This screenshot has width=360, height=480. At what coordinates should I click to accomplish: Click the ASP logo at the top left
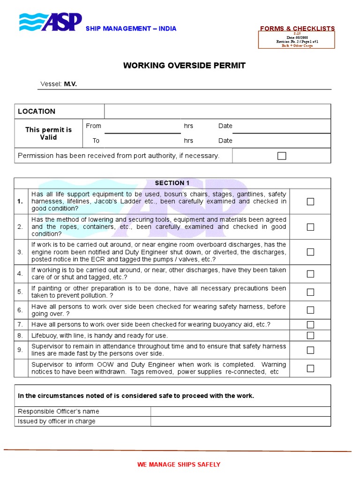51,22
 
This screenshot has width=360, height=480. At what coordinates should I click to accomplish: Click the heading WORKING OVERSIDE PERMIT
184,66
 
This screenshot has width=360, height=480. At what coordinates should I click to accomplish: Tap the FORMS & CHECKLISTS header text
297,29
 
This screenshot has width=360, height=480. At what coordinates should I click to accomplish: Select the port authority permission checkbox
282,156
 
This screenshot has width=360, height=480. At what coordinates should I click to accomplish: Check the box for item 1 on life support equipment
310,202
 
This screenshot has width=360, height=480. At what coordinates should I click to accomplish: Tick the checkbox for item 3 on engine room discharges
310,252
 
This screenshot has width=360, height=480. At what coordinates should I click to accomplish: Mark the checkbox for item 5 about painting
310,292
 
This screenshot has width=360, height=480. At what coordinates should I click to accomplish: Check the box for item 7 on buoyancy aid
310,325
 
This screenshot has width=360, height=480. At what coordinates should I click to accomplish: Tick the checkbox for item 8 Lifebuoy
310,336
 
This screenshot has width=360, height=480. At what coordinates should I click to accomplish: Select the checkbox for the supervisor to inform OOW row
310,368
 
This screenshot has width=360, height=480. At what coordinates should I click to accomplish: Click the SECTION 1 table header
172,183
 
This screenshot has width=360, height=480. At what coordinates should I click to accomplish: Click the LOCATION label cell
37,112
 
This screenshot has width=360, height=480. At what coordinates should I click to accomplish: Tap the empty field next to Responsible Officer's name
240,412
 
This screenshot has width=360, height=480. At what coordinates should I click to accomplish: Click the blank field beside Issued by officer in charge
240,421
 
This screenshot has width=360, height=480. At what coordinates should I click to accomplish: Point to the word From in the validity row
93,126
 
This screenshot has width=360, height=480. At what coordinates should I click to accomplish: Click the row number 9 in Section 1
20,350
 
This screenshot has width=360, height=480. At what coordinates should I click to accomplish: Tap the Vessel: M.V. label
58,84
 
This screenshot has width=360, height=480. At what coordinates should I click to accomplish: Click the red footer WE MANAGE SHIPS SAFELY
179,465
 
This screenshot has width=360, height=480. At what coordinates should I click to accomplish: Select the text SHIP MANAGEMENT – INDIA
131,29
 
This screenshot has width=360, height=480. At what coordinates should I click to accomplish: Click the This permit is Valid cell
48,134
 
